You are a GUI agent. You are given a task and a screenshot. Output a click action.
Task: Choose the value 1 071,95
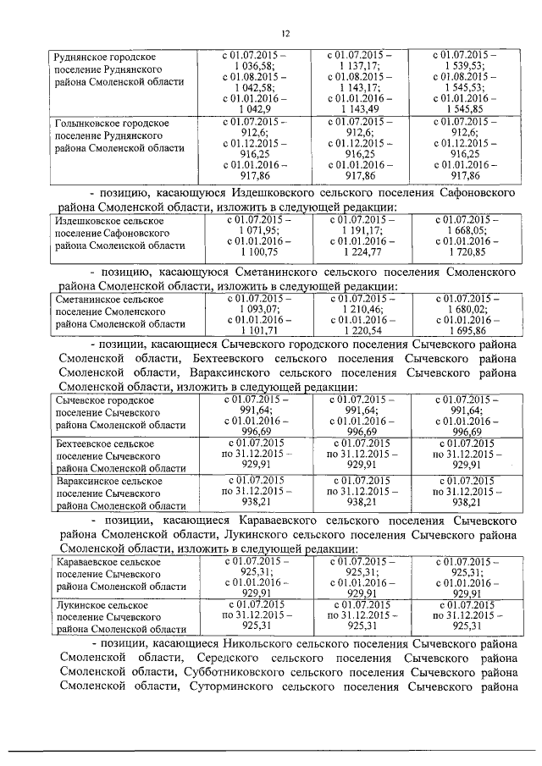pos(253,230)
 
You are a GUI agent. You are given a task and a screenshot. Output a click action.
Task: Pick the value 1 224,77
pos(361,252)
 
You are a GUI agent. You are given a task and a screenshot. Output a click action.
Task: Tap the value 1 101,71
pos(253,332)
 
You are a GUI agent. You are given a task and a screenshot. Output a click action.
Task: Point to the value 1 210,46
pos(361,310)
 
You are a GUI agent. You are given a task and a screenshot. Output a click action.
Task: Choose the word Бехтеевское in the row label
pos(84,443)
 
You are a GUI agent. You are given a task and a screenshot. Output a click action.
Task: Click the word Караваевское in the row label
pos(87,561)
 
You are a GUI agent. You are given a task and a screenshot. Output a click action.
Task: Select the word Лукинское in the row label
pos(79,606)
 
